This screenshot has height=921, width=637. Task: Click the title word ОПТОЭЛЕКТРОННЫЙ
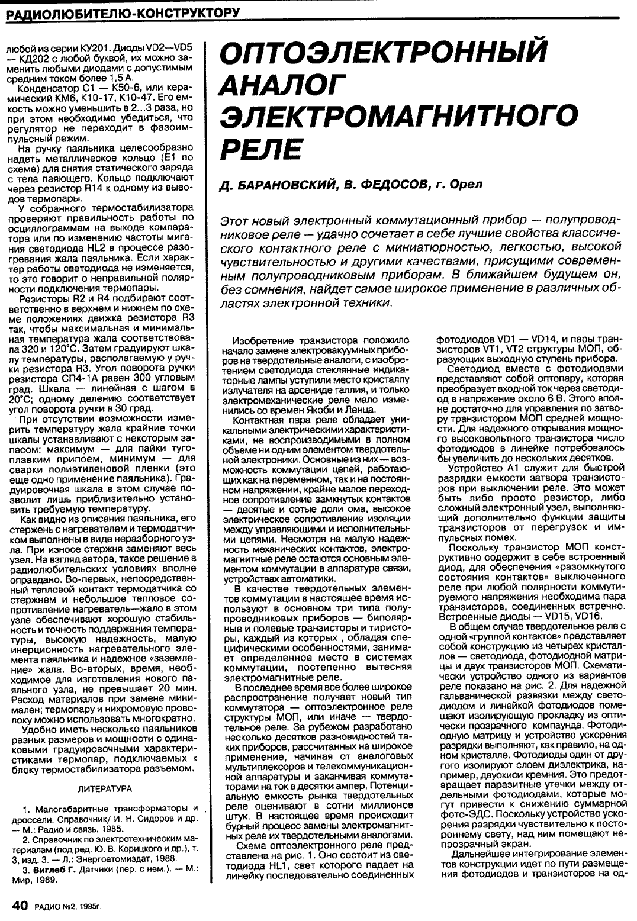[381, 53]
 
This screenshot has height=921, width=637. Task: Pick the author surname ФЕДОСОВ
[385, 185]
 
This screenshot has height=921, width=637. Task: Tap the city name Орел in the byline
[467, 185]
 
